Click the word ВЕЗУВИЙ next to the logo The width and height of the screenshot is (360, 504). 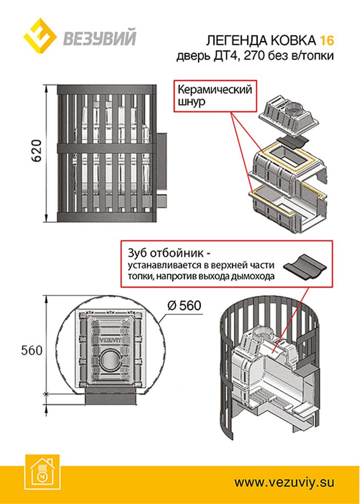click(x=99, y=39)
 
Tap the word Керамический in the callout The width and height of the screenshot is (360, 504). click(x=214, y=89)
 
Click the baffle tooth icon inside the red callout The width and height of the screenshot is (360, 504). click(x=303, y=266)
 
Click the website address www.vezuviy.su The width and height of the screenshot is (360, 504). click(x=284, y=482)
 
